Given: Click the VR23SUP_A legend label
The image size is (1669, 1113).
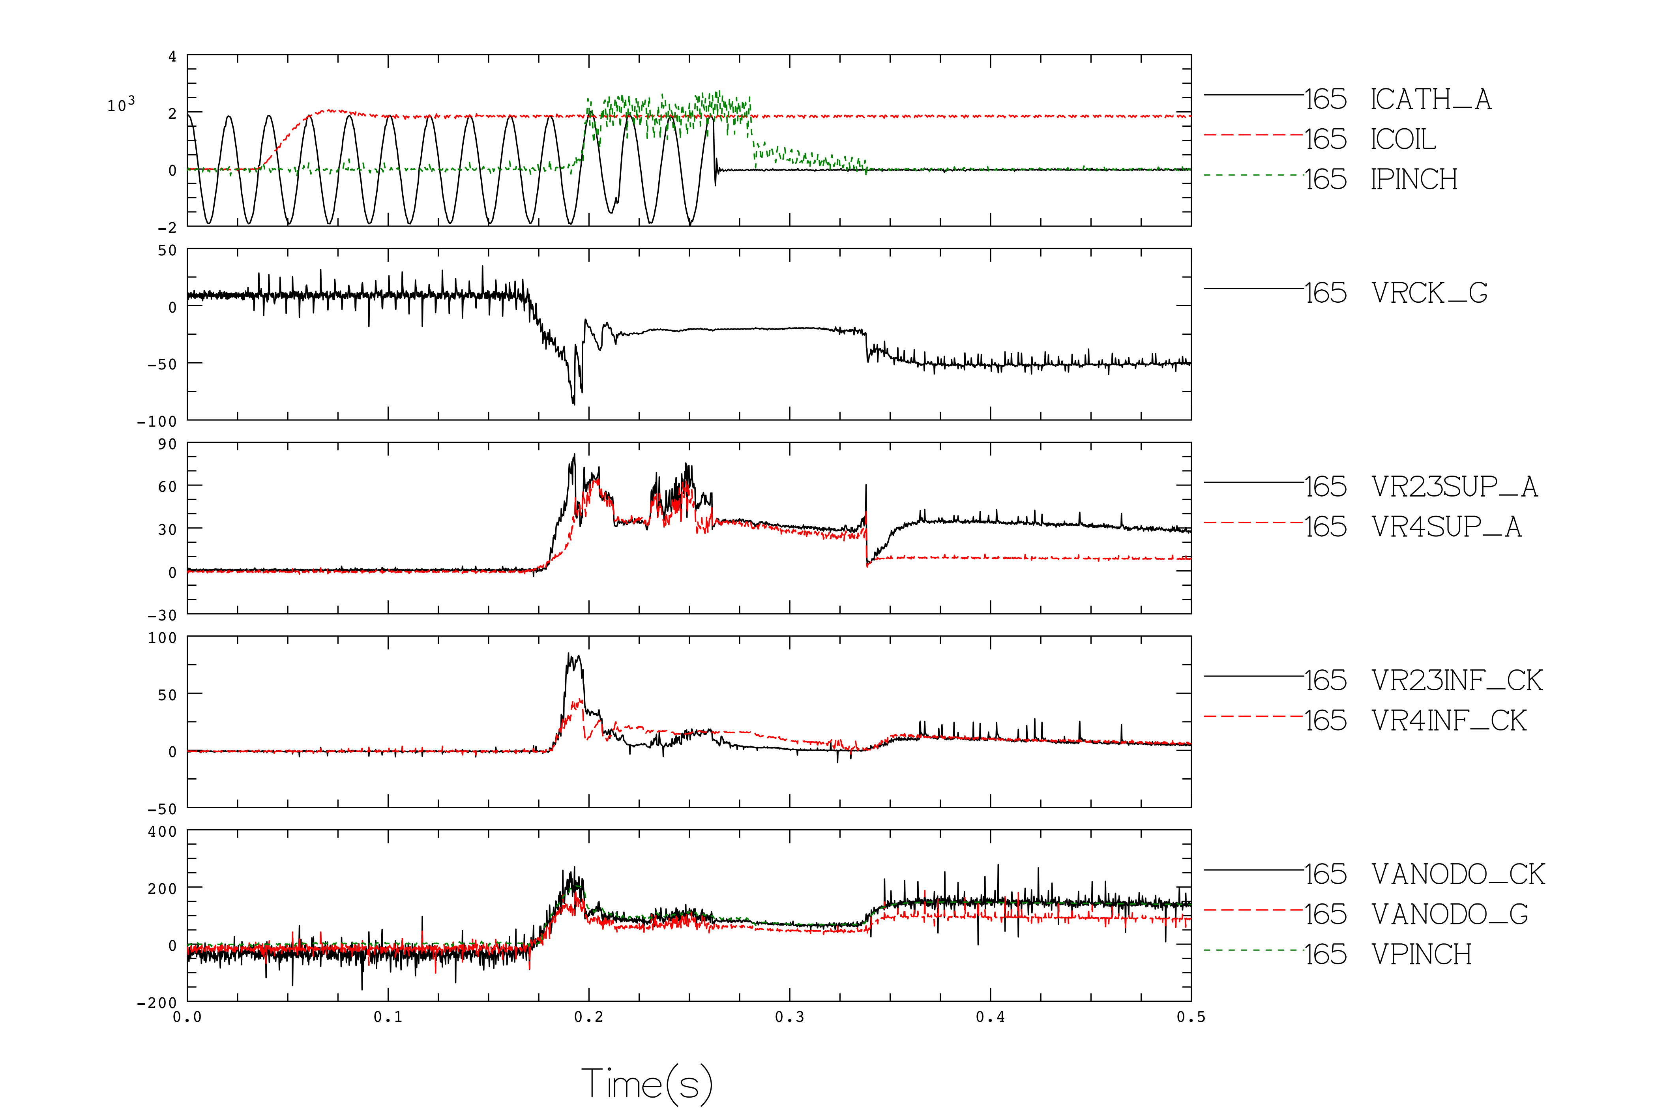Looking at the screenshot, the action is pyautogui.click(x=1455, y=487).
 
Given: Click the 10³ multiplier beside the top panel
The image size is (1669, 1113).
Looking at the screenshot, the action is pyautogui.click(x=121, y=104).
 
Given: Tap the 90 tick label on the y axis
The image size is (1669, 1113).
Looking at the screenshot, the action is pyautogui.click(x=167, y=444).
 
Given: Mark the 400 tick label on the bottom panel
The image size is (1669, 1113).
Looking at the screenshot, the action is pyautogui.click(x=163, y=832).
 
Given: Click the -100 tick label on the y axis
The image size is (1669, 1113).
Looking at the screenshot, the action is pyautogui.click(x=157, y=422).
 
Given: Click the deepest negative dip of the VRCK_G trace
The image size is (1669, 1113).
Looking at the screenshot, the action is pyautogui.click(x=573, y=404).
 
